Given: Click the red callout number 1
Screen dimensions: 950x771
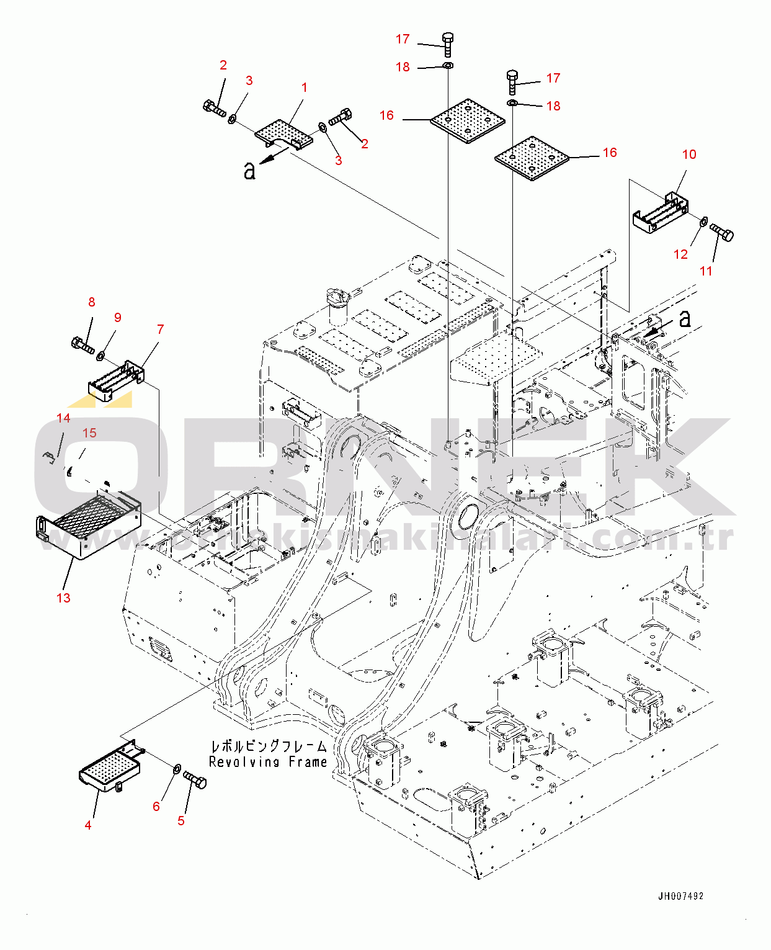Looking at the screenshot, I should pos(304,87).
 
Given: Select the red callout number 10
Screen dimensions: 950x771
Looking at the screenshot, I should pos(689,155).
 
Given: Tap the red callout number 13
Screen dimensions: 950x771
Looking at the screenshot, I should pos(63,598).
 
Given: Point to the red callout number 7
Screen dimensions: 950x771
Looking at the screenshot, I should pos(160,329).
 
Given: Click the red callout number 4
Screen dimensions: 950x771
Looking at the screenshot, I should pos(88,825).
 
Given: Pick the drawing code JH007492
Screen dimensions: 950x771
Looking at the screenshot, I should pos(680,896).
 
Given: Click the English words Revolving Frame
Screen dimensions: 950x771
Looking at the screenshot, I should pos(267,762).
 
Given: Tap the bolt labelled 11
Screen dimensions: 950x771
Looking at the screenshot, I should pos(722,233).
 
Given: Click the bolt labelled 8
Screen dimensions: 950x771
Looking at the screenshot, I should pos(82,344).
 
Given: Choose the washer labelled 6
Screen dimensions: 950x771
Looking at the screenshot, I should pos(176,769).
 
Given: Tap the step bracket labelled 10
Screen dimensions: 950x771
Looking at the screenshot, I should pos(659,213).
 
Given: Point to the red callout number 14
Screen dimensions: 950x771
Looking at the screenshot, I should pos(63,418).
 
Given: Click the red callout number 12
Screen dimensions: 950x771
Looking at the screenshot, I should pos(680,254).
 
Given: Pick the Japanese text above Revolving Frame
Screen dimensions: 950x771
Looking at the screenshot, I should pos(269,746).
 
